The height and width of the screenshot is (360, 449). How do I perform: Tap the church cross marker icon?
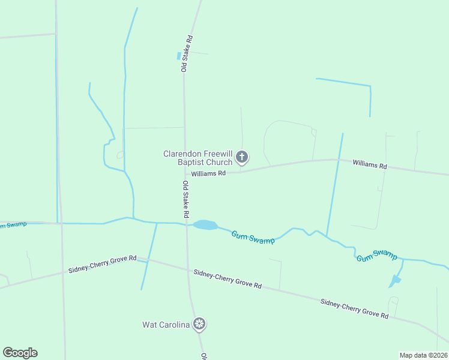point(242,158)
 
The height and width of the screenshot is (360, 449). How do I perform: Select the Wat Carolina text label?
point(166,325)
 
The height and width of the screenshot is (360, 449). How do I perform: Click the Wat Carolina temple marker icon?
point(199,325)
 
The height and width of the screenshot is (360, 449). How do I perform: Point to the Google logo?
point(20,353)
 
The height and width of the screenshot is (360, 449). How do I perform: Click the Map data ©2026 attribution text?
point(423,355)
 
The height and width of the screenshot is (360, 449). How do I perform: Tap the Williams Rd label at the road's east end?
point(369,164)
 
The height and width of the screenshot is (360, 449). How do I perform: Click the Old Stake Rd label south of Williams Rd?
point(187,199)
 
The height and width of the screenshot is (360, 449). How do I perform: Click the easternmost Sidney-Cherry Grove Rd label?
point(354,308)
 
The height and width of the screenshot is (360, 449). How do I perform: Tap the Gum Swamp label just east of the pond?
point(253,237)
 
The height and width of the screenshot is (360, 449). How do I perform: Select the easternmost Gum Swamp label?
point(376,256)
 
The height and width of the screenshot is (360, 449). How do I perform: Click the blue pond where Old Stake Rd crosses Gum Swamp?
point(205,225)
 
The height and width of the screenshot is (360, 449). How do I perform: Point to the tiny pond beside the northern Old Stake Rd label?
point(178,56)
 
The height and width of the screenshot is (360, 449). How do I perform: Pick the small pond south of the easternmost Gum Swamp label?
point(394,280)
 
